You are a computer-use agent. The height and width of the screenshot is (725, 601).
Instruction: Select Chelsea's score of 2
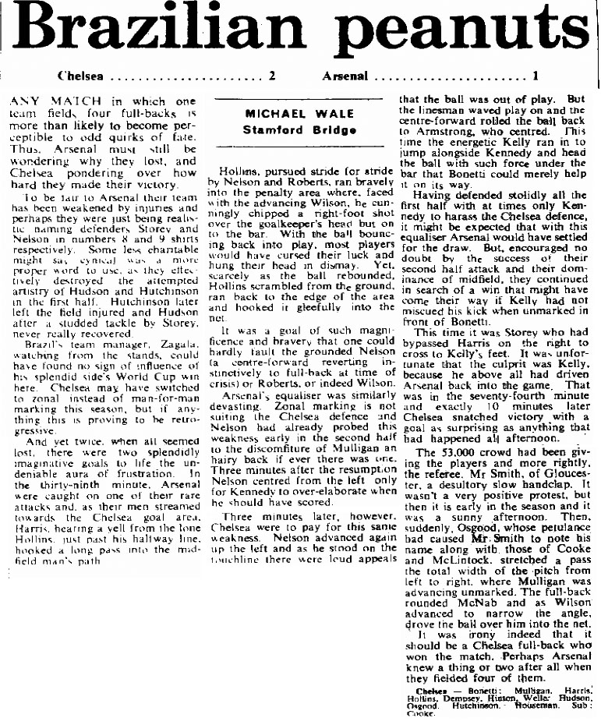pos(272,76)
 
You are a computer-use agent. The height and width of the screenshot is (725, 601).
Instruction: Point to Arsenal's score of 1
pos(536,76)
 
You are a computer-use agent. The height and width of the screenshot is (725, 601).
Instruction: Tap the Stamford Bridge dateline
pos(299,129)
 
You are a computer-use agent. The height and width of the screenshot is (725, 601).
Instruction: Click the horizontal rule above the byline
pos(299,100)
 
